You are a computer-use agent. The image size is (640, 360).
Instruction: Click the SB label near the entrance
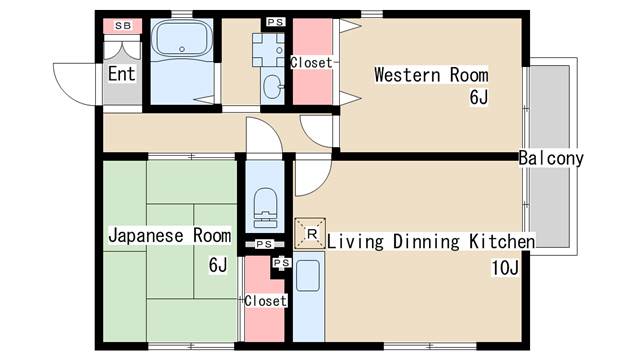tap(123, 26)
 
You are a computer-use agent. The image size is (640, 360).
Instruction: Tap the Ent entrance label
tap(121, 74)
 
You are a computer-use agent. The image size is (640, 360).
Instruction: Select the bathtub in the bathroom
tap(182, 39)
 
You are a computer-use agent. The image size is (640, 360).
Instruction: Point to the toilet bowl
tap(265, 207)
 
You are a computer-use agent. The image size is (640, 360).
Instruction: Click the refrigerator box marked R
tap(310, 233)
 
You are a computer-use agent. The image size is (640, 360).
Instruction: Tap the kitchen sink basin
tap(308, 276)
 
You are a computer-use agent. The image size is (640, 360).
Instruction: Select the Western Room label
tap(431, 75)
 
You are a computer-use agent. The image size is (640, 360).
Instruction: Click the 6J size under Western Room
tap(478, 97)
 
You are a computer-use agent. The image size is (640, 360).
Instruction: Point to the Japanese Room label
tap(170, 236)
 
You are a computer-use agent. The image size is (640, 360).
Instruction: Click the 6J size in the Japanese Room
tap(218, 265)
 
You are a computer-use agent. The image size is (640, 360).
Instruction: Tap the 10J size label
tap(505, 268)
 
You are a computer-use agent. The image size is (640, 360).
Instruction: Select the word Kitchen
tap(502, 242)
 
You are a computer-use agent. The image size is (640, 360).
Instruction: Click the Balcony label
tap(551, 158)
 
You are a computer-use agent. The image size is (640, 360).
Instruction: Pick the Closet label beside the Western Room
tap(311, 62)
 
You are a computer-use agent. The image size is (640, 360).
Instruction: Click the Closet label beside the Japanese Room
tap(265, 301)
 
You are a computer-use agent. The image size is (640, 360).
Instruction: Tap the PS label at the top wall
tap(276, 22)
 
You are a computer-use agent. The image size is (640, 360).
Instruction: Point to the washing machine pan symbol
tap(268, 50)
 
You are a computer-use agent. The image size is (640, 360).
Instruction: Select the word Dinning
tap(426, 242)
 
